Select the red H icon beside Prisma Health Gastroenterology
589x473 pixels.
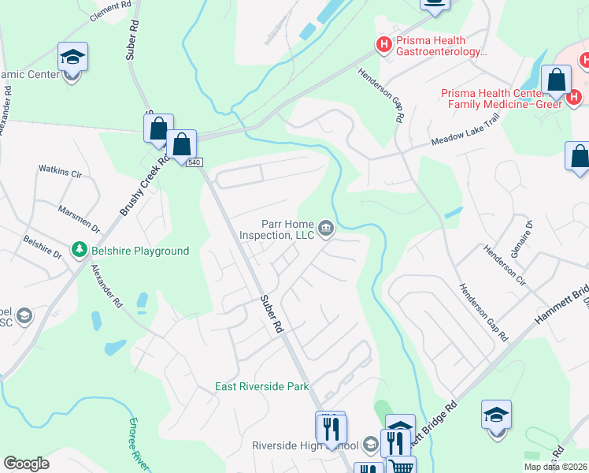click(x=384, y=44)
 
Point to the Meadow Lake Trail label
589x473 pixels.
click(x=465, y=140)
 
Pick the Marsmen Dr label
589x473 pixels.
click(x=79, y=218)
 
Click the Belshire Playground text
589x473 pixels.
click(x=139, y=251)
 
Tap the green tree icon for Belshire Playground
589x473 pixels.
click(x=79, y=251)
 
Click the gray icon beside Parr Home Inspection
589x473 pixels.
click(x=326, y=229)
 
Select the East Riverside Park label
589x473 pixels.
click(x=263, y=386)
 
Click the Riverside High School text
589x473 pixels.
click(x=305, y=445)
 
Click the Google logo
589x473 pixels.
click(x=26, y=464)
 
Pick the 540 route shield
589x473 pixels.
click(x=196, y=162)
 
